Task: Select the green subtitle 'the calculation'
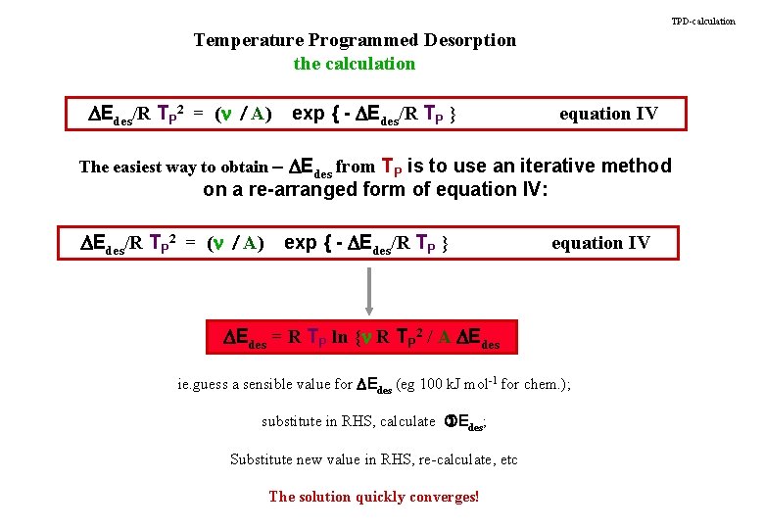[x=355, y=64]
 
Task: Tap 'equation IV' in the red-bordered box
[x=608, y=114]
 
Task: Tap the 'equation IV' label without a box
[x=600, y=243]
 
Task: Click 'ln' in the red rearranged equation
[x=340, y=338]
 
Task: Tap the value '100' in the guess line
[x=432, y=384]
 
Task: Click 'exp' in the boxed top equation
[x=309, y=114]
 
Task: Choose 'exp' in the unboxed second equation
[x=301, y=243]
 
